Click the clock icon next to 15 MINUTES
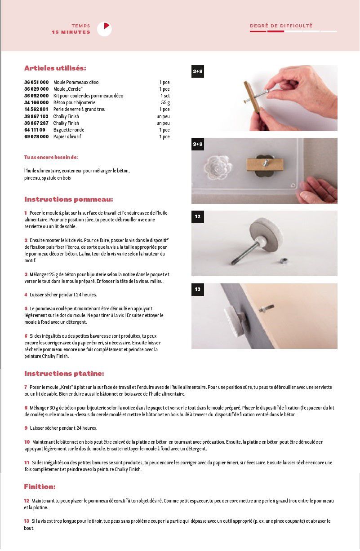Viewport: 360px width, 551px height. (104, 29)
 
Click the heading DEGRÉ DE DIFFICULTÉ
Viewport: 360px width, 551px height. (281, 26)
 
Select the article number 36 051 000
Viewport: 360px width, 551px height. (36, 83)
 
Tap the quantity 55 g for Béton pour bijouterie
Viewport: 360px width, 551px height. (165, 103)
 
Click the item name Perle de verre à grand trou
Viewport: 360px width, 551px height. (80, 110)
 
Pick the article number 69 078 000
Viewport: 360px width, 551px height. (36, 137)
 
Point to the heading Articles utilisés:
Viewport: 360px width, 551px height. (55, 68)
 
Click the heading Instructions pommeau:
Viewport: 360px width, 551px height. (68, 199)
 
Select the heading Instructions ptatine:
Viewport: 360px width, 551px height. (64, 374)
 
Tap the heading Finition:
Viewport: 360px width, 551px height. (40, 487)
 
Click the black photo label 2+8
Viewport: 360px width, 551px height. (198, 71)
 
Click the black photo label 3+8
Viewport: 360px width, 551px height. (198, 144)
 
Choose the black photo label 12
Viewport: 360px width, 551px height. (198, 216)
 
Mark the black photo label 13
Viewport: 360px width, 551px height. (198, 289)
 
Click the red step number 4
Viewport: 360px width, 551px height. (26, 295)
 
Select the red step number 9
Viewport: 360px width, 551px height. (26, 428)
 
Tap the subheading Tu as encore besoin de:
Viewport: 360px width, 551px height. (51, 158)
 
